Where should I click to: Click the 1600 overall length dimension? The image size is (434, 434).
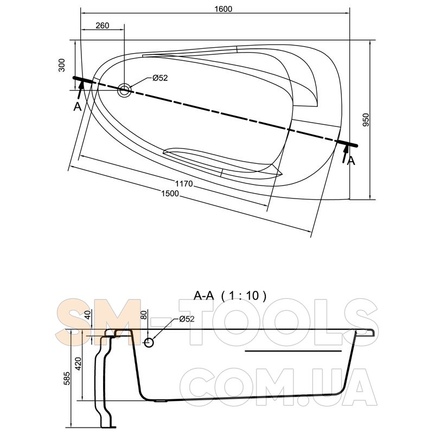click(223, 9)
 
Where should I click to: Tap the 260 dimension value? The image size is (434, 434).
click(103, 25)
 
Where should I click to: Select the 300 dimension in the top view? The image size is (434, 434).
click(62, 65)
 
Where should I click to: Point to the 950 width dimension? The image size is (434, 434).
click(366, 119)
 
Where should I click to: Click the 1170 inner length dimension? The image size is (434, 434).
click(184, 183)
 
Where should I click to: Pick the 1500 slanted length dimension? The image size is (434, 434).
click(170, 193)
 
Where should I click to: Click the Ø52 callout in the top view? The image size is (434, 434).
click(160, 78)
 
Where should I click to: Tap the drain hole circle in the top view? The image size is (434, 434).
click(124, 90)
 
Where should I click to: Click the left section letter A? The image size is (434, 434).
click(78, 106)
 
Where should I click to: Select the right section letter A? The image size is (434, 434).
click(350, 161)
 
